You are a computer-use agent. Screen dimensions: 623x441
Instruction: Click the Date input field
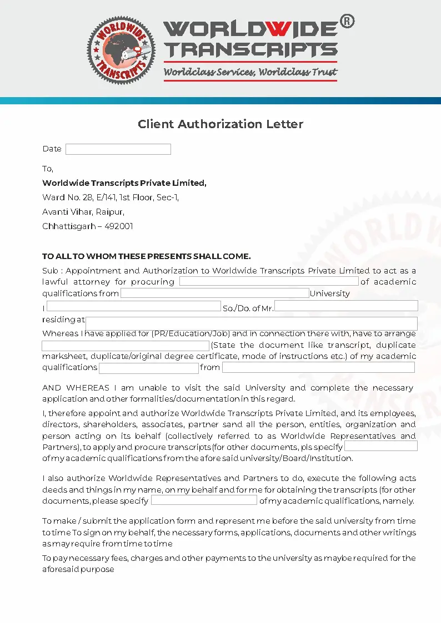pyautogui.click(x=118, y=149)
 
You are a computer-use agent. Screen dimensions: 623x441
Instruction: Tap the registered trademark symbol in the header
pyautogui.click(x=347, y=22)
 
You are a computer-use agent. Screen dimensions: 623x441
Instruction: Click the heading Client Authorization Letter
pyautogui.click(x=220, y=124)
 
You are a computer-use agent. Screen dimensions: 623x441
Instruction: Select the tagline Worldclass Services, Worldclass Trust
pyautogui.click(x=250, y=72)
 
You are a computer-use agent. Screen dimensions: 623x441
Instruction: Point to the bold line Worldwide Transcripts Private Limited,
pyautogui.click(x=124, y=183)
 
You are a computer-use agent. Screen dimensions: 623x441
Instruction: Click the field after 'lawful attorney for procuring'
pyautogui.click(x=268, y=281)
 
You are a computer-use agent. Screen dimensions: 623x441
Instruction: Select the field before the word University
pyautogui.click(x=214, y=293)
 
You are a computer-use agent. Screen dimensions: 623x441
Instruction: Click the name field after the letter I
pyautogui.click(x=133, y=306)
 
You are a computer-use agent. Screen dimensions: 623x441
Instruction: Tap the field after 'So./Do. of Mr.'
pyautogui.click(x=346, y=306)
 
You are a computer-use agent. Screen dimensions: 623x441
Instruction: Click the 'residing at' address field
pyautogui.click(x=251, y=323)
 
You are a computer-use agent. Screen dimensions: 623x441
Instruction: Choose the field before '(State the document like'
pyautogui.click(x=126, y=346)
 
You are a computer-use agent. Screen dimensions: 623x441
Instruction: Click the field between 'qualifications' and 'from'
pyautogui.click(x=148, y=368)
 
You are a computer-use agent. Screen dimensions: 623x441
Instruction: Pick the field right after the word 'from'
pyautogui.click(x=318, y=367)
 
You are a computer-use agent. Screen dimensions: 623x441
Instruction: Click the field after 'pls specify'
pyautogui.click(x=380, y=447)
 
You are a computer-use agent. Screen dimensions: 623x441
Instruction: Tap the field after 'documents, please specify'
pyautogui.click(x=204, y=500)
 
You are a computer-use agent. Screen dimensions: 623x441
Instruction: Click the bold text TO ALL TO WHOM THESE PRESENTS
pyautogui.click(x=147, y=256)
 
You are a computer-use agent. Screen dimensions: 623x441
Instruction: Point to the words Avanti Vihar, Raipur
pyautogui.click(x=83, y=212)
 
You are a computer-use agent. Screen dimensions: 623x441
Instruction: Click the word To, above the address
pyautogui.click(x=48, y=169)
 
